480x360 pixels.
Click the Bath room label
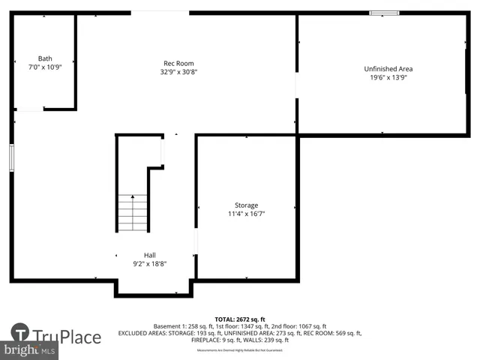point(45,58)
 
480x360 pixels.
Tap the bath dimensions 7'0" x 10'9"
point(45,67)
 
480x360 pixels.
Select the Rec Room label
point(178,63)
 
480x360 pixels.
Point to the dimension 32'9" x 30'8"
point(178,72)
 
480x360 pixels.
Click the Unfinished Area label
point(388,68)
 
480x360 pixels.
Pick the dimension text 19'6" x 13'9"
point(388,77)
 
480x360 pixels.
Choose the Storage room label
point(246,205)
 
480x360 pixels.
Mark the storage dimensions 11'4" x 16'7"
point(246,214)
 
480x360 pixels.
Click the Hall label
point(150,254)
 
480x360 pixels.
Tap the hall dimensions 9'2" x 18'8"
point(150,263)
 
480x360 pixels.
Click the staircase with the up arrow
point(133,212)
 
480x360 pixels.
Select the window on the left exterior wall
point(11,158)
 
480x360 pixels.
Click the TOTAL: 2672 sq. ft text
point(239,319)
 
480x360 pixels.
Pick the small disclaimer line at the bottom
point(239,350)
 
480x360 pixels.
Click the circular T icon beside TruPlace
point(20,333)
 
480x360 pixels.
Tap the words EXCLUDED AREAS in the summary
point(142,334)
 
